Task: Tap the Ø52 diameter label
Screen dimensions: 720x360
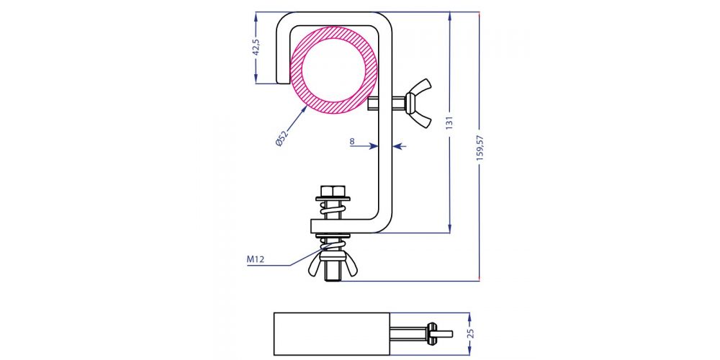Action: click(x=282, y=138)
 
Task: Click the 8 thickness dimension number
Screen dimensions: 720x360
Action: click(x=352, y=142)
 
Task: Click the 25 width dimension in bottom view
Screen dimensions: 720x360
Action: click(x=469, y=334)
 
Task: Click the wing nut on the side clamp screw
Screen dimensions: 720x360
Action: click(x=418, y=104)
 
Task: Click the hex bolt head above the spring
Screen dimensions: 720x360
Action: click(x=333, y=191)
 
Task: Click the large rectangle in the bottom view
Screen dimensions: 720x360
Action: click(x=332, y=334)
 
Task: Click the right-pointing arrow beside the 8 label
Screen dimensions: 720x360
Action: click(x=372, y=146)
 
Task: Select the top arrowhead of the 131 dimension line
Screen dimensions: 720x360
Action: click(x=450, y=17)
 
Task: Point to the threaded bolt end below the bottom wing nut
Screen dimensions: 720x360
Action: click(x=333, y=274)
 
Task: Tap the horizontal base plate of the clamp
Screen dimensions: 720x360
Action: click(x=344, y=227)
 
